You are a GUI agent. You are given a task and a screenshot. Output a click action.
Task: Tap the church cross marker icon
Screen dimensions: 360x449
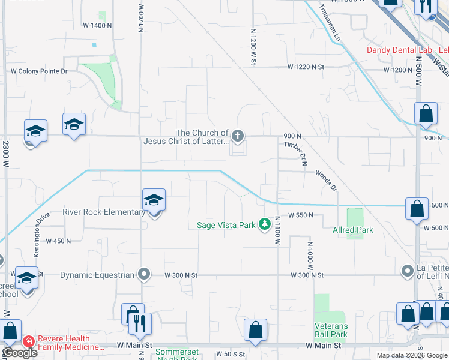pos(238,136)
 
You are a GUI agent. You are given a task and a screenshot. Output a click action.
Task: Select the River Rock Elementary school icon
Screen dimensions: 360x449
pos(154,200)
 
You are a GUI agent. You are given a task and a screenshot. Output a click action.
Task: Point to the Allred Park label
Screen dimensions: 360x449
pos(353,230)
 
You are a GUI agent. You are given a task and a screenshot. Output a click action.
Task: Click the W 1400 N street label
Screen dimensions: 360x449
pos(97,25)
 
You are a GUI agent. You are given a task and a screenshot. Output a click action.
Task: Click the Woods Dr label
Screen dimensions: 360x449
pos(326,181)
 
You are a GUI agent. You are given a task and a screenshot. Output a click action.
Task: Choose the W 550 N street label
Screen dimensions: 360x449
pos(301,215)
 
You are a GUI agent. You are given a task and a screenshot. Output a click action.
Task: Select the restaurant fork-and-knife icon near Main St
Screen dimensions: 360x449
pos(140,325)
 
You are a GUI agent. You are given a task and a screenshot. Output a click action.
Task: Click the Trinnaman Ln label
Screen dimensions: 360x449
pos(330,23)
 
